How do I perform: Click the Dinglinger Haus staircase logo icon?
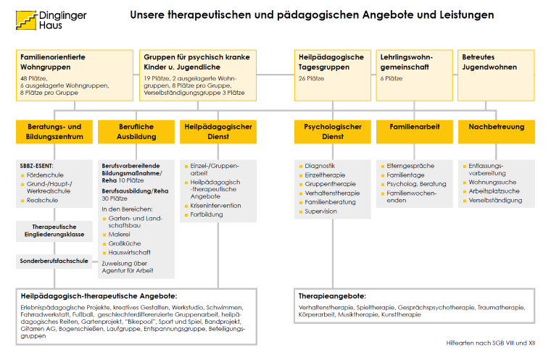click(27, 19)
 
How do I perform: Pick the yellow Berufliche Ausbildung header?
click(136, 131)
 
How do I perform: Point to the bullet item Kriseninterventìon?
click(217, 206)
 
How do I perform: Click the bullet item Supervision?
click(321, 212)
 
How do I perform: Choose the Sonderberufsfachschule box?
click(54, 261)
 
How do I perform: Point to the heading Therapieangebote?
click(332, 296)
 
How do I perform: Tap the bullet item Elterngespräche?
click(412, 166)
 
